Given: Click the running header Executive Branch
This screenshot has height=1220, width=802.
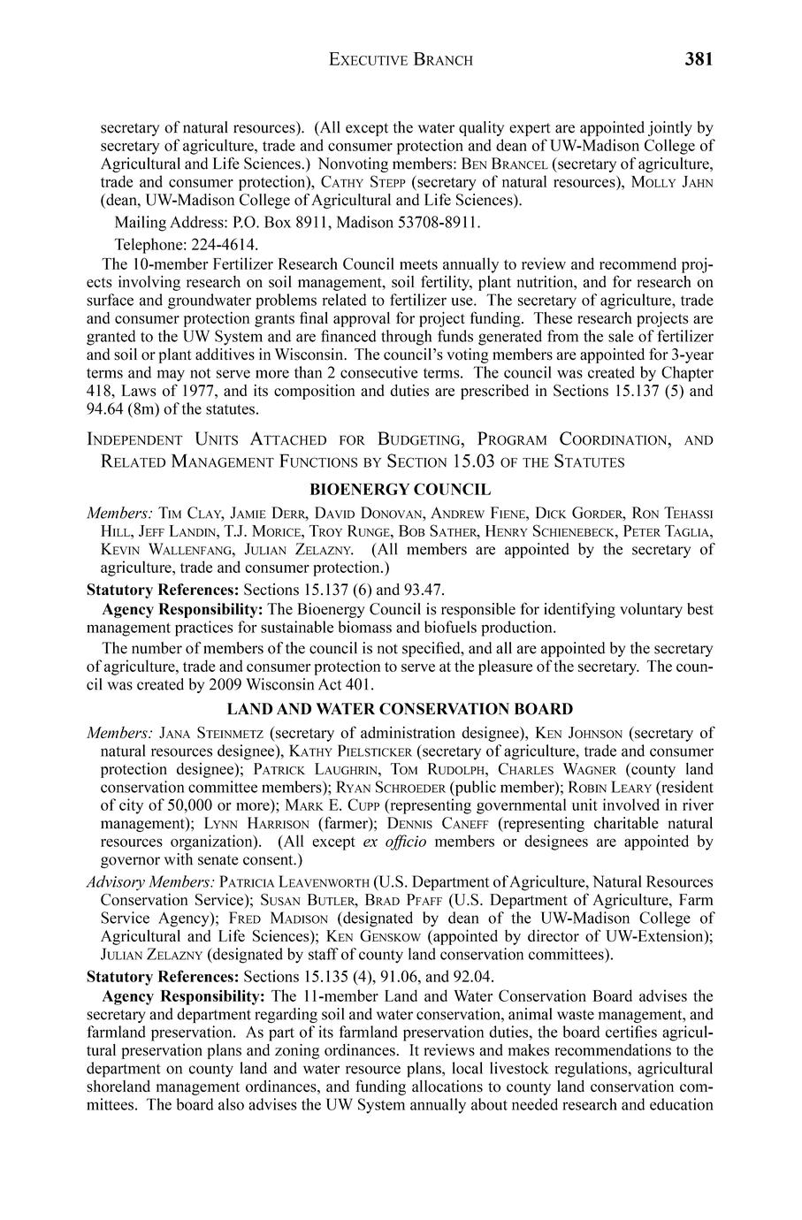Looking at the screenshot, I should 401,60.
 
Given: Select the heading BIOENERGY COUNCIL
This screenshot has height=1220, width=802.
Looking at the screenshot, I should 400,489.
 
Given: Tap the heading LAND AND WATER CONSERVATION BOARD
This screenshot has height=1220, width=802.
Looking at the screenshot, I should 400,709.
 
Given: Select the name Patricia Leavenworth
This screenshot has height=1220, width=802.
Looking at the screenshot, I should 294,882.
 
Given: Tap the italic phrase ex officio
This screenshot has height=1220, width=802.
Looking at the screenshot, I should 395,842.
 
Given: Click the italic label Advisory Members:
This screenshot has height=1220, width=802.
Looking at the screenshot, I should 150,882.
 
